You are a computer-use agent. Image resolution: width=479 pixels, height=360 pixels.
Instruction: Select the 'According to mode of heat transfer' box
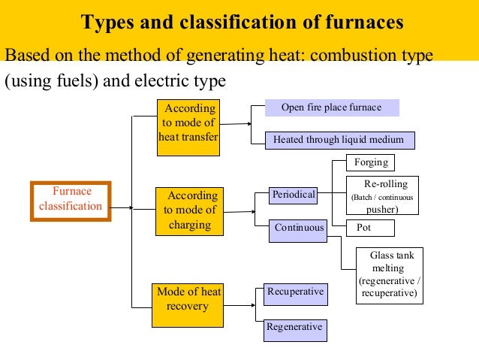189,126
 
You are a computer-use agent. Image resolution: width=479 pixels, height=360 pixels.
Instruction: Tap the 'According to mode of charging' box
189,210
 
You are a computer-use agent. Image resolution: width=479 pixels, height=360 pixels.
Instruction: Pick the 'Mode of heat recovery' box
188,304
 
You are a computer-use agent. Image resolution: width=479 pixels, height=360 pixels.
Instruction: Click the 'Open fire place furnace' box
331,108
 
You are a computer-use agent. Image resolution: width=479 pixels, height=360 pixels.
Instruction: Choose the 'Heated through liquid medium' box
339,140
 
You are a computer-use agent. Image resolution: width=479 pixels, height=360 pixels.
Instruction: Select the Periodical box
294,195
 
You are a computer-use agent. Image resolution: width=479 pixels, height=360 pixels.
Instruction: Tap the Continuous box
299,228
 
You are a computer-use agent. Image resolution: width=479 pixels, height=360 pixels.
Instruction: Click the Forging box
370,162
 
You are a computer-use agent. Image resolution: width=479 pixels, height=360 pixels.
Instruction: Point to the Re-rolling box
381,196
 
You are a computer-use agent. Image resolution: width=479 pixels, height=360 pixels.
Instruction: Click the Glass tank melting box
390,275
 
